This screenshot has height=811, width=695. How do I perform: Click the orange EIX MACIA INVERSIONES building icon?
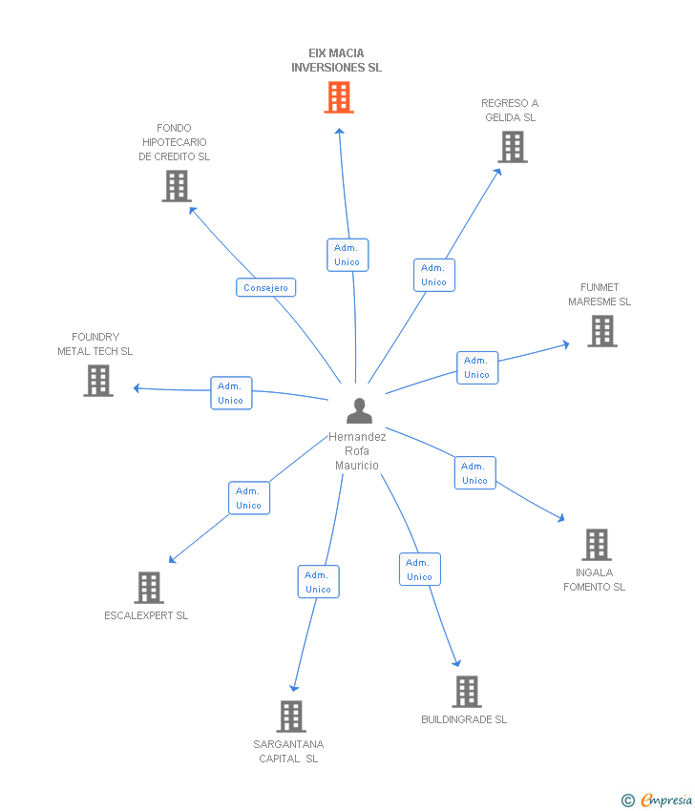pos(339,97)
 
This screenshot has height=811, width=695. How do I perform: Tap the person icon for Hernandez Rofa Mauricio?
pos(359,410)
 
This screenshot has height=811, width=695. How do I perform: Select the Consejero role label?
pos(265,287)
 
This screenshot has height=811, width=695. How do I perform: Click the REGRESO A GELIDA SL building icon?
pos(513,147)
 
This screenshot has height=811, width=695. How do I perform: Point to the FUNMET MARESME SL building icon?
pos(601,331)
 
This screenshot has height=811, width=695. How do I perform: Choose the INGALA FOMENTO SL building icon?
pos(597,545)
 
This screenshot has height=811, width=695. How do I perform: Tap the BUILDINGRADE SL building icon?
pos(466,692)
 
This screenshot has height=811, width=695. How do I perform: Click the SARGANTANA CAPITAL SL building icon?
pos(290,717)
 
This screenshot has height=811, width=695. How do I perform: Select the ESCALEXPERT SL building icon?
pos(149,588)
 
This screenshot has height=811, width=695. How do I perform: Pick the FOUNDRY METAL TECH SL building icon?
pos(98,381)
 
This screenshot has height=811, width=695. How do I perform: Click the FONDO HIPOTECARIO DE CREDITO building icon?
pos(177,186)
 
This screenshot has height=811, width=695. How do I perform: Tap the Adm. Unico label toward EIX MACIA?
pos(347,255)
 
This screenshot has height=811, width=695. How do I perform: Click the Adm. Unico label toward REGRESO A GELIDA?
pos(433,275)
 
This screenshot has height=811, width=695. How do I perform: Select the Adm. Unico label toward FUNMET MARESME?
pos(476,367)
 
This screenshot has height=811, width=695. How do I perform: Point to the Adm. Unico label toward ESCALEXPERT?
pos(248,498)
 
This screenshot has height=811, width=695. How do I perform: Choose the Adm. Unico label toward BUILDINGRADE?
pos(419,570)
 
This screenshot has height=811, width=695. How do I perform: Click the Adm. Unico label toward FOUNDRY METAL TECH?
pos(230,393)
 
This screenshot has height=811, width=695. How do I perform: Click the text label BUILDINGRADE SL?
pos(464,719)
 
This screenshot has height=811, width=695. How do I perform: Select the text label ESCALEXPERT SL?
pos(146,615)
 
